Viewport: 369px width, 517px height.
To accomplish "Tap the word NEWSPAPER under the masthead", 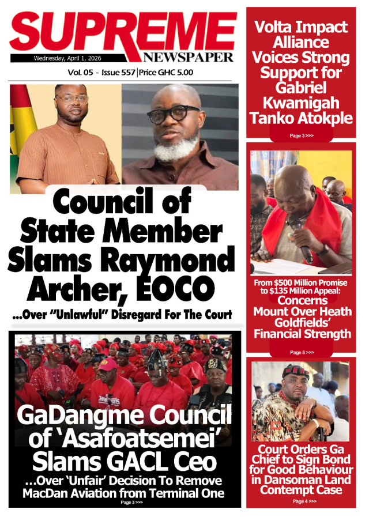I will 189,58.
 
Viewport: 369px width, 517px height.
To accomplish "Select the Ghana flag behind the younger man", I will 22,121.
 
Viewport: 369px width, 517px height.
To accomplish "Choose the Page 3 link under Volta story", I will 301,135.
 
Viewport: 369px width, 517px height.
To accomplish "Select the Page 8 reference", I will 301,352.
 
